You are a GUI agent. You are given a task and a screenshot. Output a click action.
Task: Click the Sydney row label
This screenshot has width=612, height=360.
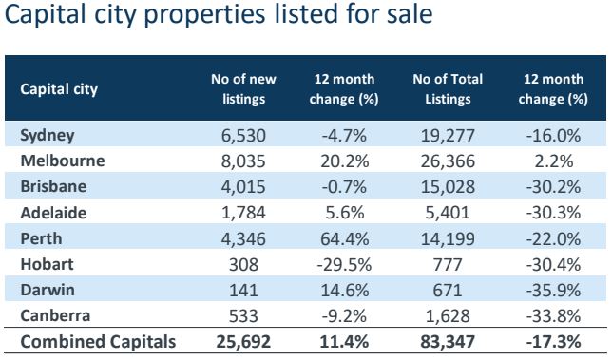click(48, 136)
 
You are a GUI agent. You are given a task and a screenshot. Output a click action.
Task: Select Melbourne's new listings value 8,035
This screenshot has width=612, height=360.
click(243, 161)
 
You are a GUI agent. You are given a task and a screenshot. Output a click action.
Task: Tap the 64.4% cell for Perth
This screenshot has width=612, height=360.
click(344, 238)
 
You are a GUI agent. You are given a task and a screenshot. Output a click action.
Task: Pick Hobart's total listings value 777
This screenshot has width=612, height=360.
click(448, 265)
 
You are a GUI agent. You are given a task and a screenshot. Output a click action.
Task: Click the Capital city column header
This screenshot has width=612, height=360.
click(59, 89)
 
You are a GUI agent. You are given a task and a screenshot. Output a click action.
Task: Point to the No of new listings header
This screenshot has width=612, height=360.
click(243, 89)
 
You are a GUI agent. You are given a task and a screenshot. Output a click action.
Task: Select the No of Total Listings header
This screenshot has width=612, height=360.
click(448, 89)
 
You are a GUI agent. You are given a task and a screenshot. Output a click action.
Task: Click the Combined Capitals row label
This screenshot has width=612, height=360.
click(98, 342)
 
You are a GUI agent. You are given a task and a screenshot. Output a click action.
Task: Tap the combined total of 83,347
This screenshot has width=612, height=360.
click(448, 342)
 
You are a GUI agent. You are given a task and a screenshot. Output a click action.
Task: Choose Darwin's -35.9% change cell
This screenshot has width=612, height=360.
click(553, 291)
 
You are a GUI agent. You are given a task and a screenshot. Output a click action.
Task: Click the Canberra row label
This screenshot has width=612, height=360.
click(55, 315)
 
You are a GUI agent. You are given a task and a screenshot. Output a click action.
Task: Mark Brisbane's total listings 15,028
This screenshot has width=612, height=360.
click(448, 187)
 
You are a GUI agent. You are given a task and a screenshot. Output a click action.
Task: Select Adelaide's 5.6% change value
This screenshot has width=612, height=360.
click(344, 213)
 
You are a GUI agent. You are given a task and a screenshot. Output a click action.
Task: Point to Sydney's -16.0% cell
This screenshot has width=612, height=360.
click(553, 136)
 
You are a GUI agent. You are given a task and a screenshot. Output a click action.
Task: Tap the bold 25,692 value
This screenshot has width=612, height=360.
click(243, 342)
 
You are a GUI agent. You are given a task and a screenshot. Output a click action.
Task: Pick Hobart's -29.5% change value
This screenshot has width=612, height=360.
click(344, 265)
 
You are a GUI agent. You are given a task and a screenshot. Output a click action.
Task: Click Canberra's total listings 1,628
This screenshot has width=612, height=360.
click(448, 316)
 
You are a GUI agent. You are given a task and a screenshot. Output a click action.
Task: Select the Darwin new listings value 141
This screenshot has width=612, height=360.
click(243, 291)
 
